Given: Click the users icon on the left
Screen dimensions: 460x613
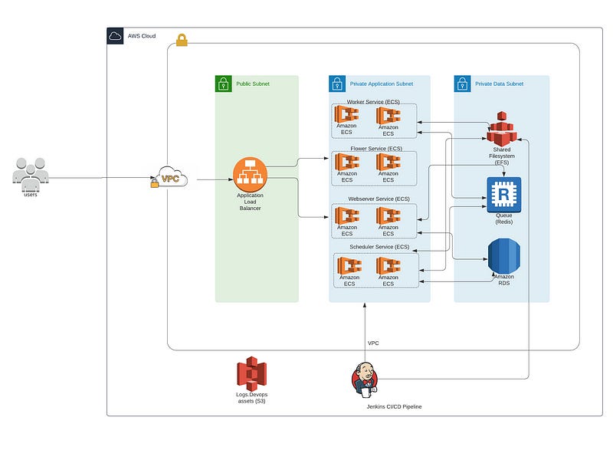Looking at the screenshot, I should click(30, 172).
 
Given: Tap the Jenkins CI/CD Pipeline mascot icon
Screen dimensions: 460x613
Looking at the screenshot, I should click(364, 378).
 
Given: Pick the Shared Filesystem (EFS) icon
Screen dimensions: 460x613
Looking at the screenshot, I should click(503, 127).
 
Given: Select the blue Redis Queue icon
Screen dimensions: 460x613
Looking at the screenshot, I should click(503, 194).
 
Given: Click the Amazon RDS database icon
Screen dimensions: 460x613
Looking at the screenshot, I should click(503, 255).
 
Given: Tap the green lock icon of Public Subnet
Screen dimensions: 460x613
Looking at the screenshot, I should click(223, 84).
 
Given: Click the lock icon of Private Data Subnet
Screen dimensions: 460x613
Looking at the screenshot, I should click(462, 84).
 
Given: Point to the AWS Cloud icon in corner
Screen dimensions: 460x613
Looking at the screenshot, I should click(115, 35).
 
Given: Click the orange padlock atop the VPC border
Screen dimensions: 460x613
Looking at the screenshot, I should click(182, 40).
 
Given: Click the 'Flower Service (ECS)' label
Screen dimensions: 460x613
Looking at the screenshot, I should click(375, 148).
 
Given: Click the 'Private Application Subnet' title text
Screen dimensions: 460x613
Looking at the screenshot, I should click(380, 84).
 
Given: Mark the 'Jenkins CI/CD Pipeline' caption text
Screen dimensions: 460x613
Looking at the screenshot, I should click(394, 406).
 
